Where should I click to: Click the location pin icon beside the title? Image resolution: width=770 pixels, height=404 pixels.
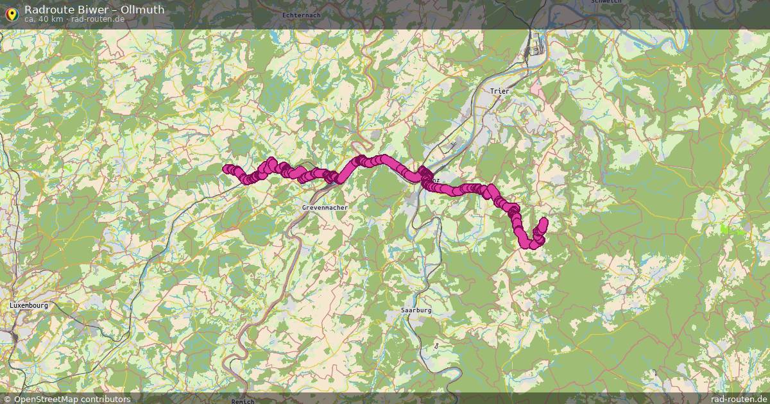tap(12, 13)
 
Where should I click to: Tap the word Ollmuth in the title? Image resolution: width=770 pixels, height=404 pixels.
tap(142, 10)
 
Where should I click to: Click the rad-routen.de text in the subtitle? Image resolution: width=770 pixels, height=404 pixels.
tap(98, 19)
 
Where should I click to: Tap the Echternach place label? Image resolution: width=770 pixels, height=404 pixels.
tap(301, 15)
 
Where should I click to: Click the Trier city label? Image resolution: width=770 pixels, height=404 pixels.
tap(499, 92)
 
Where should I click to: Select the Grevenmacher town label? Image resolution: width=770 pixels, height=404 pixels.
tap(324, 208)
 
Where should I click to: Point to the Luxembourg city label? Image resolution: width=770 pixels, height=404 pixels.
tap(29, 306)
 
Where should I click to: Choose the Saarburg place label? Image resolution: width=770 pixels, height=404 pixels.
tap(416, 310)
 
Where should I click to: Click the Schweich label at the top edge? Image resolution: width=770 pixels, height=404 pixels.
tap(605, 2)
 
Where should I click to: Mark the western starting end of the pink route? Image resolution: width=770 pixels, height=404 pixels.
tap(227, 169)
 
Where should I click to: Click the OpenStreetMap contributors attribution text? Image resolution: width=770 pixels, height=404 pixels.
tap(72, 399)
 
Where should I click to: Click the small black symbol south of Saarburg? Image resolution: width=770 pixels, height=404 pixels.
tap(436, 346)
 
